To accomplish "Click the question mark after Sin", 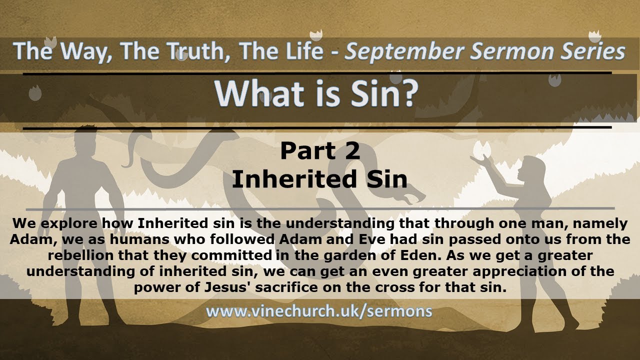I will coord(406,93).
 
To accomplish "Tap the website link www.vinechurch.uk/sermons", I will coord(319,311).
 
